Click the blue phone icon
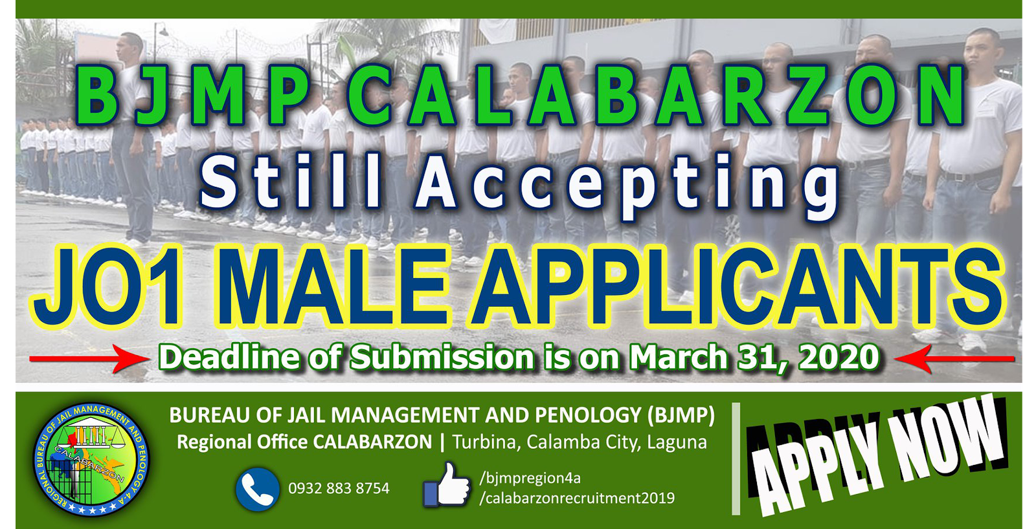coord(258,490)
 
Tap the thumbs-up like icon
coord(446,486)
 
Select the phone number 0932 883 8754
coord(339,488)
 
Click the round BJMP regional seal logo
coord(91,459)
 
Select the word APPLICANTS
coord(738,287)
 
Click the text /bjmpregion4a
coord(530,478)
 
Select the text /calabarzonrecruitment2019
coord(577,498)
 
